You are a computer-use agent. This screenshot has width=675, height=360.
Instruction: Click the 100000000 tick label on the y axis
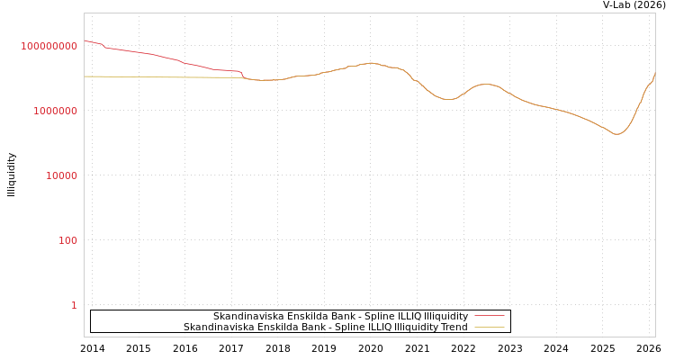[49, 46]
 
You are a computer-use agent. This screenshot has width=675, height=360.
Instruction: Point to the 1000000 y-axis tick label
[55, 111]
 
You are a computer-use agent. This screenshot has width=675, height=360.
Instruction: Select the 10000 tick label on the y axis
[61, 175]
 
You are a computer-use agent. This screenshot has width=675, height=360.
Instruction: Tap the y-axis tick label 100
[67, 240]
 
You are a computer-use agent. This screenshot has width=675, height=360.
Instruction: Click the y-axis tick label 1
[74, 305]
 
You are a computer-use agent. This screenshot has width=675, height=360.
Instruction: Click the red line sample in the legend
[489, 316]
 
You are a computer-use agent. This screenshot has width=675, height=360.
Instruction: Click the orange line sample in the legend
[489, 327]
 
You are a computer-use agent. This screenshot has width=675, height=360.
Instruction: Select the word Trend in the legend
[452, 328]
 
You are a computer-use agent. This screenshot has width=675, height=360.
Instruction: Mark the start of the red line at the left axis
[85, 40]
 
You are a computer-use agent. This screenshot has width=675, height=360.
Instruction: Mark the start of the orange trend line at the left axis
[85, 76]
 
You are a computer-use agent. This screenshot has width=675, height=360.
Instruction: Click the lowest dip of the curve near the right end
[616, 134]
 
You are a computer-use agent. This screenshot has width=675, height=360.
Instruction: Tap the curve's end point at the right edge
[654, 74]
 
